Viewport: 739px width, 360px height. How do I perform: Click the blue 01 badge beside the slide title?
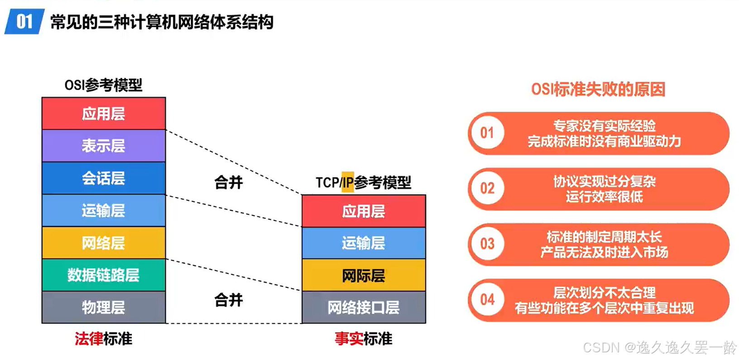[24, 21]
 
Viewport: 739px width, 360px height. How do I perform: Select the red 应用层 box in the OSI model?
[104, 114]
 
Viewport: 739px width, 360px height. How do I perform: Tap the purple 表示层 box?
[104, 146]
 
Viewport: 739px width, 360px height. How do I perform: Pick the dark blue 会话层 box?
[104, 178]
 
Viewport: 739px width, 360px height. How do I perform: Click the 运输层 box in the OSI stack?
[104, 211]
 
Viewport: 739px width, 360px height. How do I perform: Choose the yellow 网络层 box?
[104, 243]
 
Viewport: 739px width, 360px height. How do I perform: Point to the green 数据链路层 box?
[104, 275]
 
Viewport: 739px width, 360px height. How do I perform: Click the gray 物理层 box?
[104, 307]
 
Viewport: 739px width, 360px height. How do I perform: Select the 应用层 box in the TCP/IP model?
[364, 211]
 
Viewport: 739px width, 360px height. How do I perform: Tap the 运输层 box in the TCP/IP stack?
[364, 243]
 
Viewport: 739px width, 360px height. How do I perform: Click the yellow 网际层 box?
[364, 275]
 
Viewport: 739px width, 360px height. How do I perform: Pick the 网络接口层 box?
[364, 307]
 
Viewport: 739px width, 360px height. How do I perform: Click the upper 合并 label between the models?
[229, 182]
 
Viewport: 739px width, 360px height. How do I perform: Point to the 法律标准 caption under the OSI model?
[104, 339]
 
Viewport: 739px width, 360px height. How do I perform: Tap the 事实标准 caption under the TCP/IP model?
[364, 339]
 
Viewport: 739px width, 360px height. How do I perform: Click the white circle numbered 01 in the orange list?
[487, 133]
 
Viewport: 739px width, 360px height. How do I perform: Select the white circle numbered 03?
[487, 244]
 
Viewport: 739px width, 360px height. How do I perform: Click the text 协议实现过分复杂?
[605, 182]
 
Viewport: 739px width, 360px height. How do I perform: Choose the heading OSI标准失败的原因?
[598, 89]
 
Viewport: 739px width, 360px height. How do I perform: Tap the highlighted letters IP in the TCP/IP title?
[347, 182]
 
